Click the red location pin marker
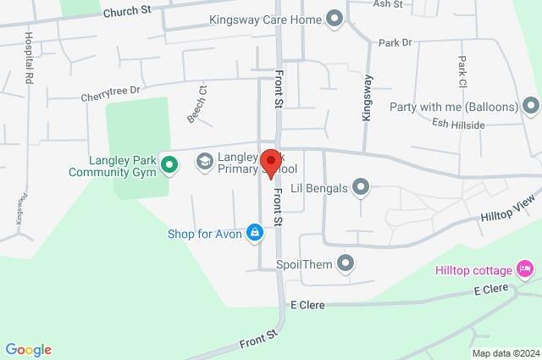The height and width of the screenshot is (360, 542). click(x=271, y=163)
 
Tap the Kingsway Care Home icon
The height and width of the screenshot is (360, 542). click(x=335, y=18)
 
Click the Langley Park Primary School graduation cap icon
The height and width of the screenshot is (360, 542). click(x=204, y=161)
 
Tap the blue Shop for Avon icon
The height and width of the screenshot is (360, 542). click(x=254, y=231)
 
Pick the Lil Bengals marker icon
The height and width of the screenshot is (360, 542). click(x=361, y=187)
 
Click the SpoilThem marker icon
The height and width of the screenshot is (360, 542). click(x=345, y=264)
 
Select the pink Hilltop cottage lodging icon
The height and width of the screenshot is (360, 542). click(x=526, y=270)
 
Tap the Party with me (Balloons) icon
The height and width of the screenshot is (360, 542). click(x=531, y=107)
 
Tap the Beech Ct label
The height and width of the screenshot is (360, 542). click(x=196, y=105)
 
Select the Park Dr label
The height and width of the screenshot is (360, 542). click(x=395, y=42)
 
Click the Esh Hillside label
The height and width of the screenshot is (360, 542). click(x=457, y=125)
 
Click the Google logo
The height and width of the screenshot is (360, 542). click(x=28, y=350)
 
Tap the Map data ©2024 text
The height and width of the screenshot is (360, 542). click(x=505, y=353)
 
